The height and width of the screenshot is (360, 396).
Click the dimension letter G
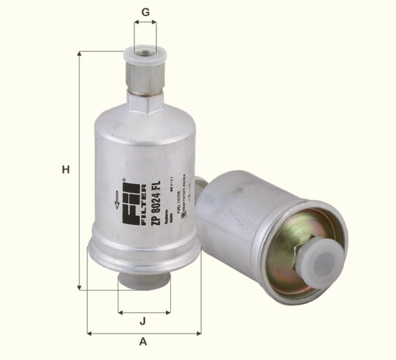coord(145,10)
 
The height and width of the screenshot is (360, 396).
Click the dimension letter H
coord(65,170)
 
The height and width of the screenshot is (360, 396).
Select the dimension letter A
coord(143,342)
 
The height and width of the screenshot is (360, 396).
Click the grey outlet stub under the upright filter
coord(144,281)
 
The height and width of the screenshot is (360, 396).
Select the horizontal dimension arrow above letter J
coord(144,313)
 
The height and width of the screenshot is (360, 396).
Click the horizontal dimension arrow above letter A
coord(144,333)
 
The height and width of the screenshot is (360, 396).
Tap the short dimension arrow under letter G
coord(145,22)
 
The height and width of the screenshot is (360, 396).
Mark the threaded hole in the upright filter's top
coord(145,51)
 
